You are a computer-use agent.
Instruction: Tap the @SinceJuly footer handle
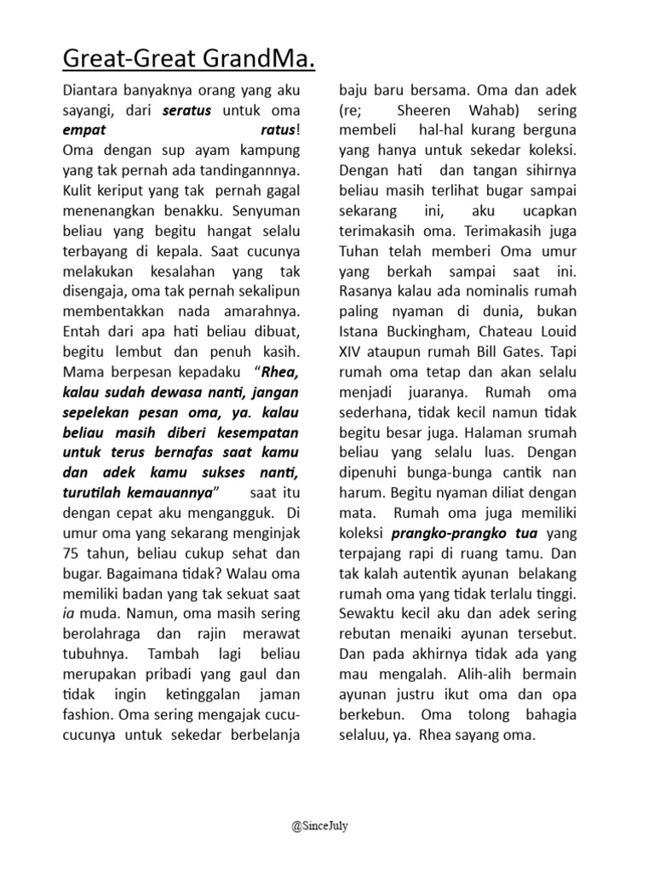326,824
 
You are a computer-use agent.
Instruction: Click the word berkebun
370,716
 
